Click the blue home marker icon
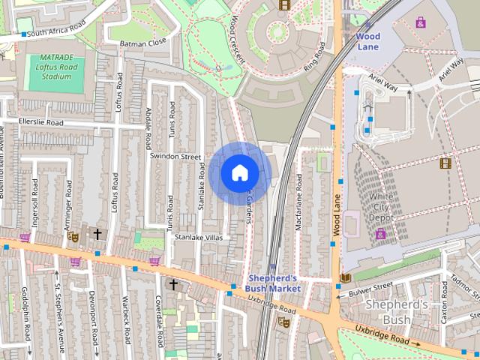[239, 173]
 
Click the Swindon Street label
[175, 157]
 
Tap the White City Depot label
[382, 207]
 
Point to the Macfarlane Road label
[298, 202]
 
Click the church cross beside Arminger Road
[97, 235]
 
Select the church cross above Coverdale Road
[173, 284]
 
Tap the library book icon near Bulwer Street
[344, 279]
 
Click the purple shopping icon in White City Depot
[381, 233]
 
